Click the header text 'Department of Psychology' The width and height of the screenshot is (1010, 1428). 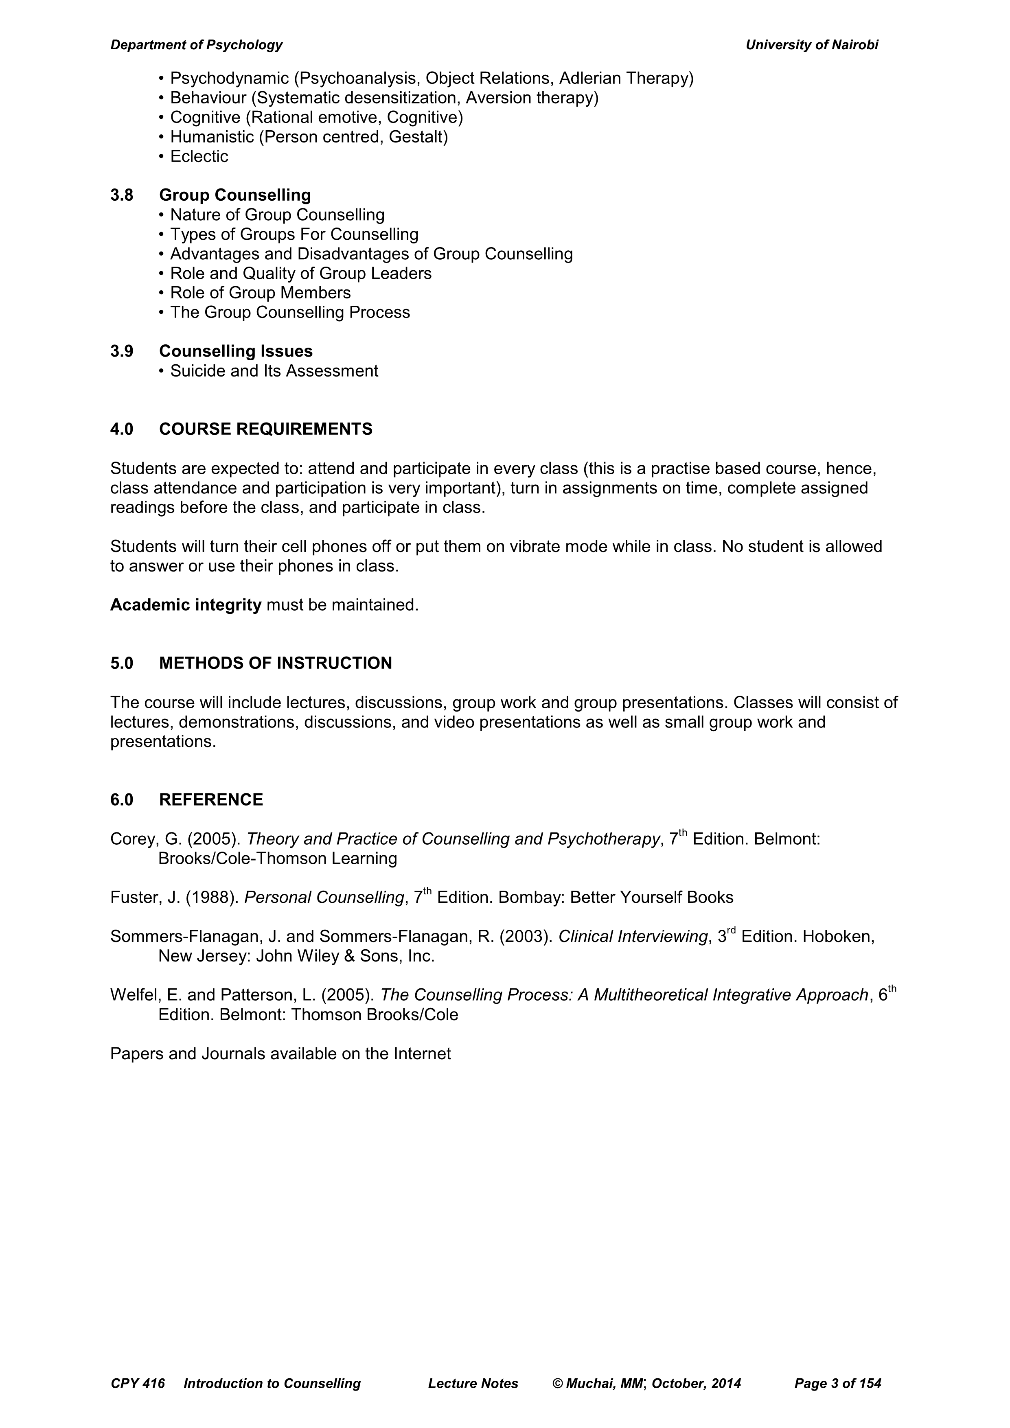pos(196,45)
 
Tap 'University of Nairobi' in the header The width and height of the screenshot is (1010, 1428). pos(812,45)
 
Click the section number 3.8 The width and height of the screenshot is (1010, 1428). pos(122,195)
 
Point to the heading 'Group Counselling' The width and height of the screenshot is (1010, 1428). pos(235,195)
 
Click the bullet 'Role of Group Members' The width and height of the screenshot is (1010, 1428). pos(260,293)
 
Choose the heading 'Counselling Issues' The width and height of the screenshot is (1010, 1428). pos(236,351)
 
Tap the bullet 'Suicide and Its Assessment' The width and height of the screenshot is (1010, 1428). pos(274,371)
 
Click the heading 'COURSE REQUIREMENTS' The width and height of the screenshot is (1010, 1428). pos(265,429)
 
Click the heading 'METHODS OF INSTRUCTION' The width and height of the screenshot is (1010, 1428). pos(276,664)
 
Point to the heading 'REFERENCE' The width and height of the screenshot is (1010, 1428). pos(211,800)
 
